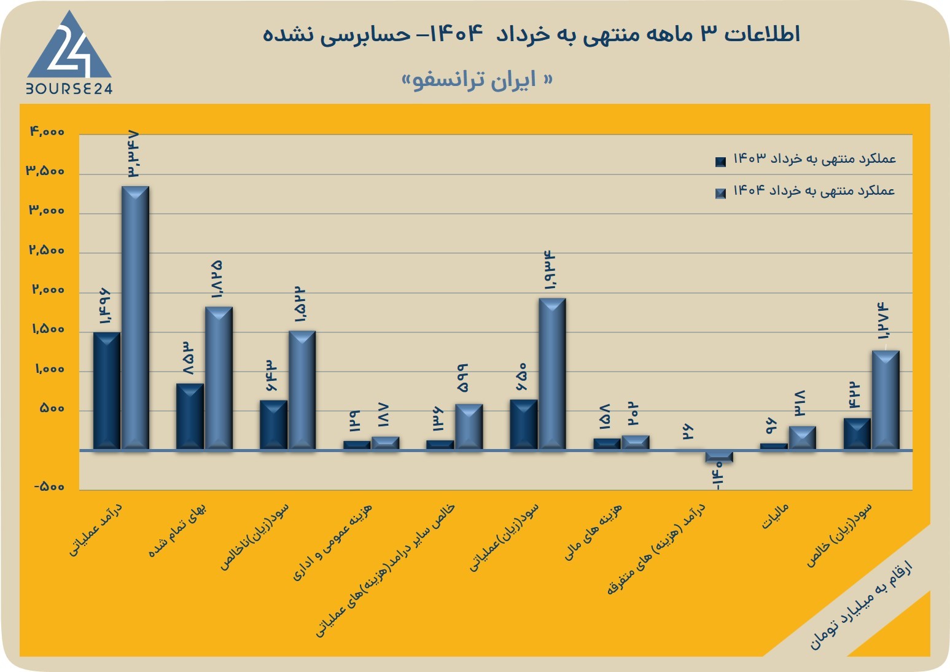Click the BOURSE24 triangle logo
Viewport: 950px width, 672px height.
69,52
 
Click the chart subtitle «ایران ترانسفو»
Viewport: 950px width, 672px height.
477,80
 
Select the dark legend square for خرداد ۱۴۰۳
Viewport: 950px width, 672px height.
720,162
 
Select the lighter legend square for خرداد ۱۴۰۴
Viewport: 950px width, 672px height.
720,193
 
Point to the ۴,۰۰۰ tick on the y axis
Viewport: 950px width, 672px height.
47,132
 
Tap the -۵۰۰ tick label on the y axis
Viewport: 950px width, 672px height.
49,486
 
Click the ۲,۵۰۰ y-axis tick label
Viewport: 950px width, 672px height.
47,250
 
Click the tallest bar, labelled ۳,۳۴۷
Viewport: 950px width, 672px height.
135,318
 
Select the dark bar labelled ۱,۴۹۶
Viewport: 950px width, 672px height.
107,391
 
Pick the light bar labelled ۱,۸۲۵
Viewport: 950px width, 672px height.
219,378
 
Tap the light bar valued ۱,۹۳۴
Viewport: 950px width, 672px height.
552,373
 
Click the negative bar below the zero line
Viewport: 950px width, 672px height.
719,456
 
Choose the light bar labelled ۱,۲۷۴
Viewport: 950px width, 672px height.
886,400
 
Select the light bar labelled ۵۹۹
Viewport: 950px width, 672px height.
469,427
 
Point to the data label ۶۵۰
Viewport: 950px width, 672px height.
521,377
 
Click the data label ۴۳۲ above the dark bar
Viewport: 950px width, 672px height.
855,396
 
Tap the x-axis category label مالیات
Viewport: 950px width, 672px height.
775,516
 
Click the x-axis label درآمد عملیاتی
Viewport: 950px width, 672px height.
95,529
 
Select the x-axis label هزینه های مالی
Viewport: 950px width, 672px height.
593,531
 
